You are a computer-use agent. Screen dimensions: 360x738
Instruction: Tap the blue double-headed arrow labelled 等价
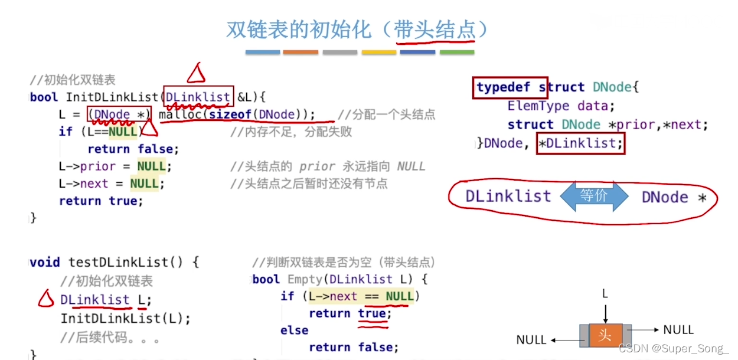pyautogui.click(x=594, y=197)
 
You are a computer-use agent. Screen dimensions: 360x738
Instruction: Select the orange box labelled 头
pyautogui.click(x=604, y=335)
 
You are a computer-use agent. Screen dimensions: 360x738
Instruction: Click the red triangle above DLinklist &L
pyautogui.click(x=195, y=73)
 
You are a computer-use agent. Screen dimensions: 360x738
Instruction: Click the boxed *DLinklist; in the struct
pyautogui.click(x=580, y=143)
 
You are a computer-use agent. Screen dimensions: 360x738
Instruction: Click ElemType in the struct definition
pyautogui.click(x=538, y=106)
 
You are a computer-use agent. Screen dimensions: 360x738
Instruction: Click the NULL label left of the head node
pyautogui.click(x=531, y=340)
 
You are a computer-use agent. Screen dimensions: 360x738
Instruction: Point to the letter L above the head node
pyautogui.click(x=605, y=293)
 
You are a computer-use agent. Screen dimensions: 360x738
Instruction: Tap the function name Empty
pyautogui.click(x=305, y=279)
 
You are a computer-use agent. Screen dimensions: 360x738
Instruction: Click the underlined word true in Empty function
pyautogui.click(x=372, y=313)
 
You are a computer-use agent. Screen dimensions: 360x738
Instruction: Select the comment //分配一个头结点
pyautogui.click(x=386, y=114)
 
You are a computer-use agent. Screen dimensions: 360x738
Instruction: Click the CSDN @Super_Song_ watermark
pyautogui.click(x=673, y=348)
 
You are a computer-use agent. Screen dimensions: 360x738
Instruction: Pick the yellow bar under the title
pyautogui.click(x=378, y=53)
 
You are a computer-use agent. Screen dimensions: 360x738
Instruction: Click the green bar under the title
pyautogui.click(x=456, y=53)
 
